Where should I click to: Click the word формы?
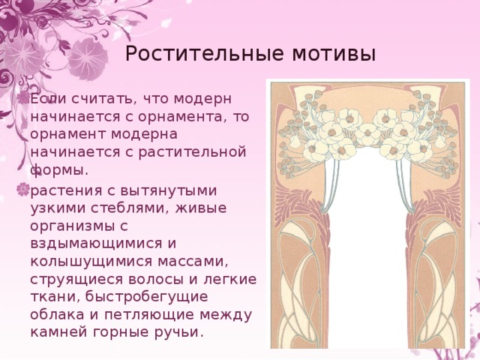tap(59, 170)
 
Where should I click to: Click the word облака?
tap(58, 314)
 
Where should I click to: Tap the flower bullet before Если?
tap(23, 98)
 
